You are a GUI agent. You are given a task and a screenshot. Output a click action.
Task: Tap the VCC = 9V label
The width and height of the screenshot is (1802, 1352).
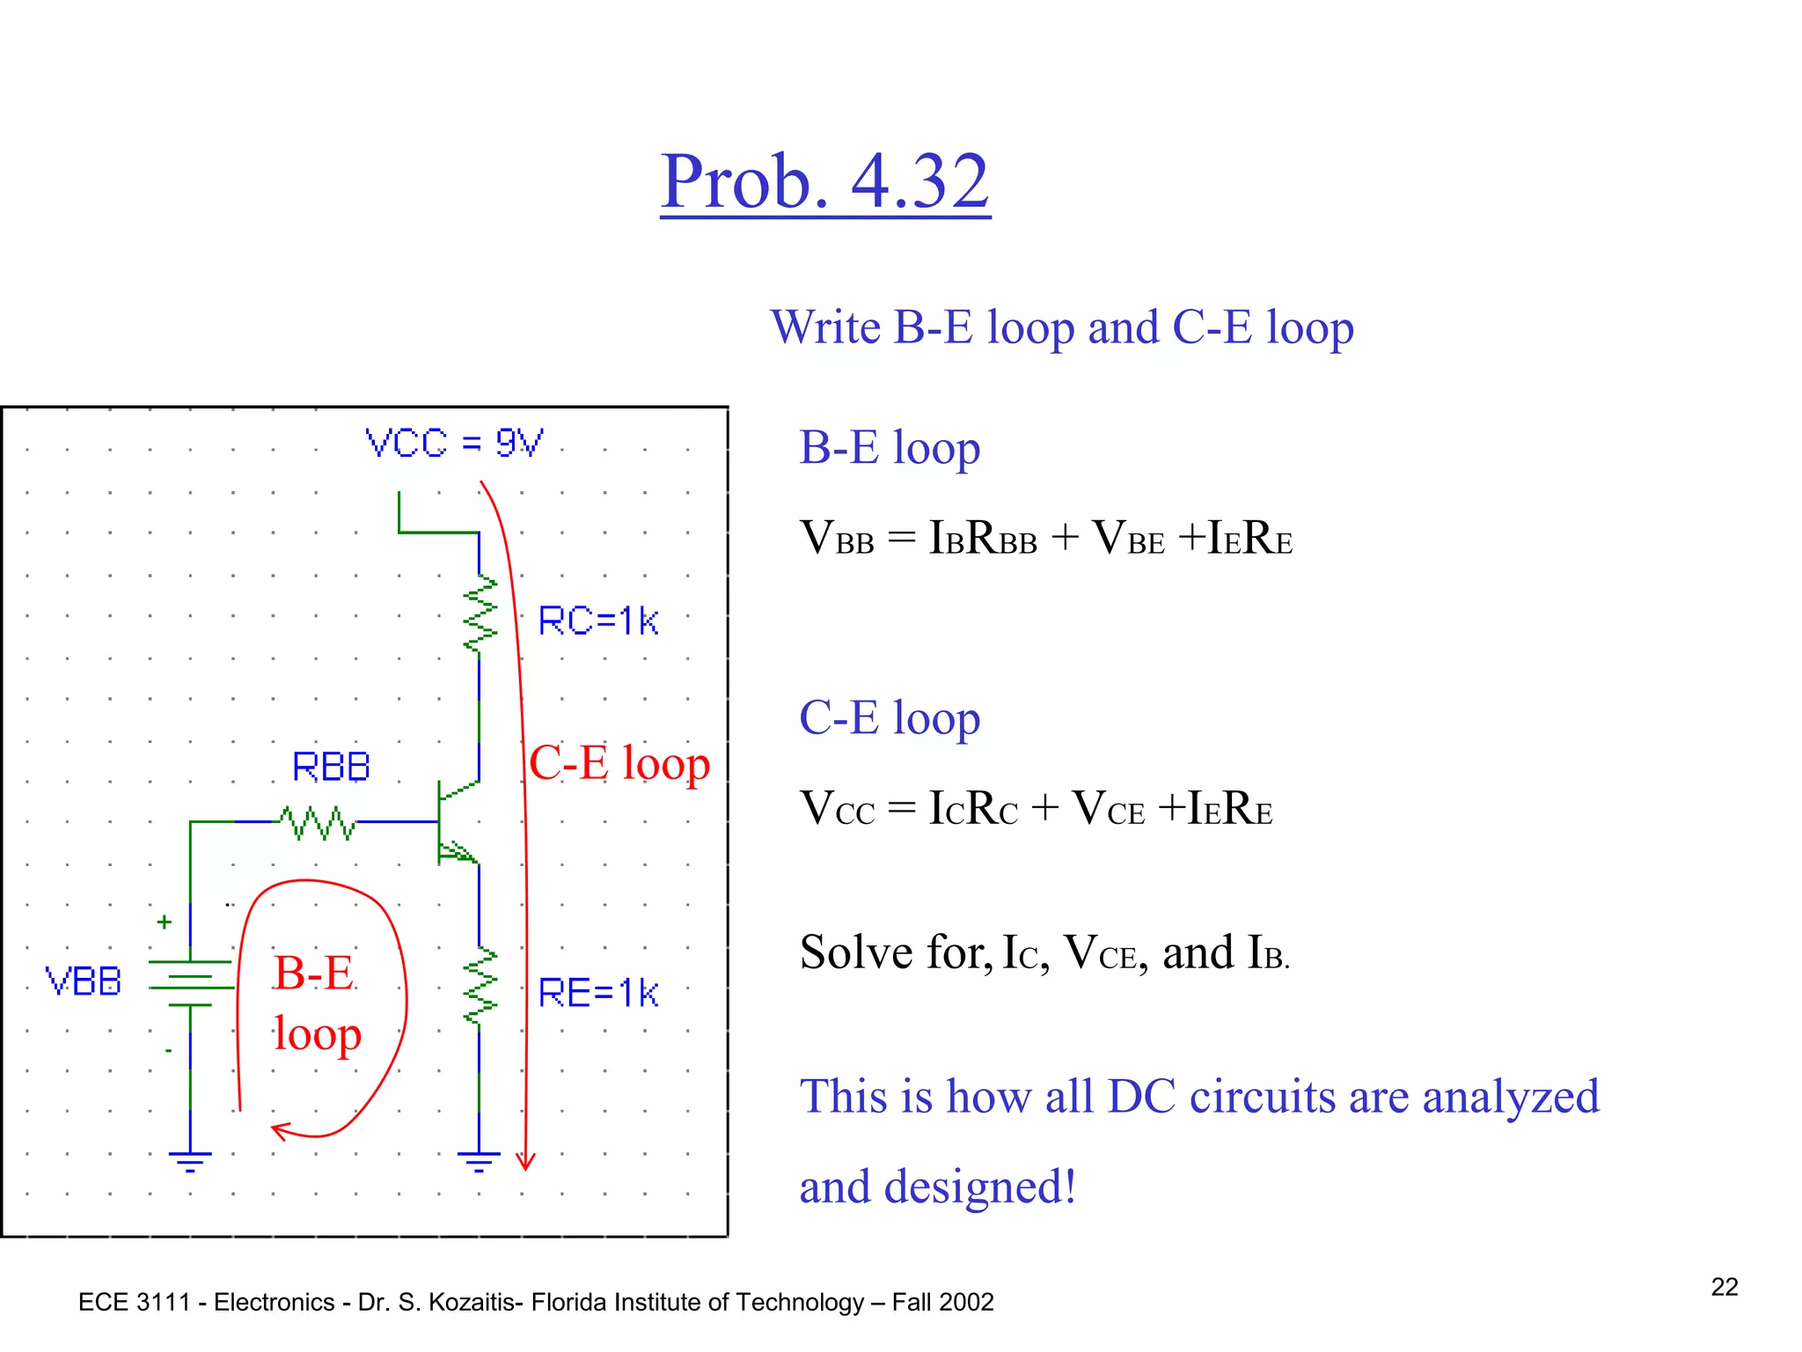[454, 443]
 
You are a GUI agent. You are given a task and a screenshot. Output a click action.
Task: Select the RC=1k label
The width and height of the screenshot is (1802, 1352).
[597, 621]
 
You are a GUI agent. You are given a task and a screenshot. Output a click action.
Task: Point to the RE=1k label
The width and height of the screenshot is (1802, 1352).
[597, 993]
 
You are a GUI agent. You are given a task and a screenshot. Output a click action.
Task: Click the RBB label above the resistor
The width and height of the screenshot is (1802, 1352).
[331, 767]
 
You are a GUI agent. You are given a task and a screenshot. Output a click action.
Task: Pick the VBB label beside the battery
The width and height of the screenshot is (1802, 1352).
[84, 981]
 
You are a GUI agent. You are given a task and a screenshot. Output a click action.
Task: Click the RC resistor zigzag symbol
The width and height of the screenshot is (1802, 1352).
[480, 615]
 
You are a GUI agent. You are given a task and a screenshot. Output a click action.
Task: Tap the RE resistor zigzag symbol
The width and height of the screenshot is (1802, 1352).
[480, 987]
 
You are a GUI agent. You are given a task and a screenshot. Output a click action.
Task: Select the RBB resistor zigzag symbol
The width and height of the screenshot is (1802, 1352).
[318, 823]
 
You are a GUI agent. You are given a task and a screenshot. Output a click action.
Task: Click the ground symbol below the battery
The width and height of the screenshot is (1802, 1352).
[191, 1161]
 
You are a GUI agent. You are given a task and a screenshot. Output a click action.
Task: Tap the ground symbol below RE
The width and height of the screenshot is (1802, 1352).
[479, 1161]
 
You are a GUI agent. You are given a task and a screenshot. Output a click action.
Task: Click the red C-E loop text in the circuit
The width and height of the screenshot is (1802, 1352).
[619, 762]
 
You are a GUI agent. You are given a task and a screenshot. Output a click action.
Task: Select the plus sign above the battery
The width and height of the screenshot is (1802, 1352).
[165, 922]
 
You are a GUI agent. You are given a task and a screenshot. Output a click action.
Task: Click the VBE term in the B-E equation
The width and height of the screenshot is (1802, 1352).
[1128, 538]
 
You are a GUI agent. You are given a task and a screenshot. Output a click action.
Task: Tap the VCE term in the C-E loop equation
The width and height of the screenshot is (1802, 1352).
[1109, 808]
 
